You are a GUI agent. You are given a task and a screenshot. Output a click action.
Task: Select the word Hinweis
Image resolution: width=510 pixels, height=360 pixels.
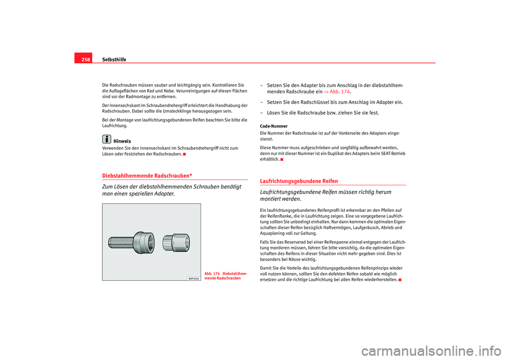(x=122, y=141)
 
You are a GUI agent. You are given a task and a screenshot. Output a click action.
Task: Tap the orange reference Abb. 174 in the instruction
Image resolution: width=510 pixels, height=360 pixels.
(x=340, y=91)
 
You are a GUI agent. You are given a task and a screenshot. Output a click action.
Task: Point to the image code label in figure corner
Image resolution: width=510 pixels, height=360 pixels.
(x=194, y=278)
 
